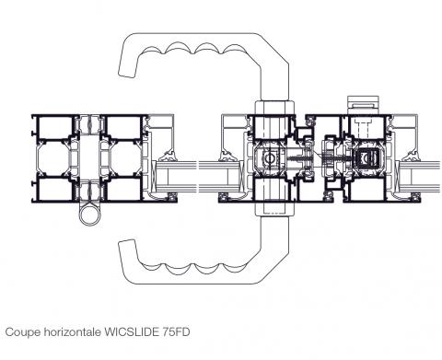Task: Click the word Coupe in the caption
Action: (x=23, y=332)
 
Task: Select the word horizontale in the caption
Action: (x=73, y=331)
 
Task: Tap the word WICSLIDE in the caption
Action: (x=132, y=331)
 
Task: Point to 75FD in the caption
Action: (x=176, y=331)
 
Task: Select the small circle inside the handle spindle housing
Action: (x=270, y=158)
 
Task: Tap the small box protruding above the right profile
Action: (x=363, y=105)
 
